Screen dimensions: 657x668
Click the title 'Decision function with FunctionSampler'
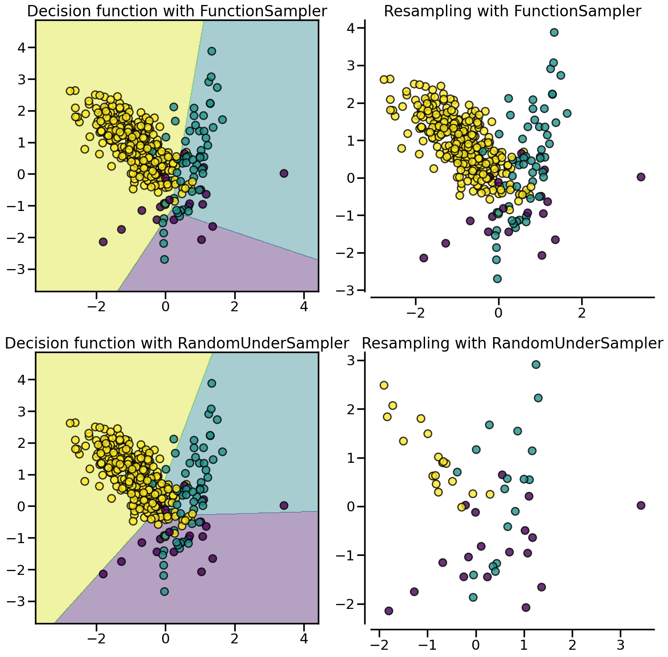pos(177,11)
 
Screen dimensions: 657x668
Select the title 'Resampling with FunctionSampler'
pos(512,11)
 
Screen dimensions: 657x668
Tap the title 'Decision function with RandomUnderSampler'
pos(177,343)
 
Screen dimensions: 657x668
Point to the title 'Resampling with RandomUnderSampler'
pos(512,343)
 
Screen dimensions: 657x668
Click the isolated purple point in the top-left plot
pos(284,173)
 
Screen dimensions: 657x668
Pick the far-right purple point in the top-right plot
pos(641,177)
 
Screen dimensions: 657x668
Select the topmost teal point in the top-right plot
pos(554,32)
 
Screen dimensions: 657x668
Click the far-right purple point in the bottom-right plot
pos(641,505)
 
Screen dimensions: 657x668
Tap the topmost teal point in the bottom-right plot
pos(536,364)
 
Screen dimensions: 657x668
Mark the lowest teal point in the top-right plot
pos(497,279)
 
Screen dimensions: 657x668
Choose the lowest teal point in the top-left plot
pos(164,260)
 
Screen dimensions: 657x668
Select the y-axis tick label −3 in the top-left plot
pos(18,270)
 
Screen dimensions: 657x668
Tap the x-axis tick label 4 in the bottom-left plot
pos(304,639)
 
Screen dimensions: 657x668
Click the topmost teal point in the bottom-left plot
pos(212,383)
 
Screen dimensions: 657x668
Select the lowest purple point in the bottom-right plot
pos(389,611)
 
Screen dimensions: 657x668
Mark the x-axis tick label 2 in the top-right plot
pos(582,313)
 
